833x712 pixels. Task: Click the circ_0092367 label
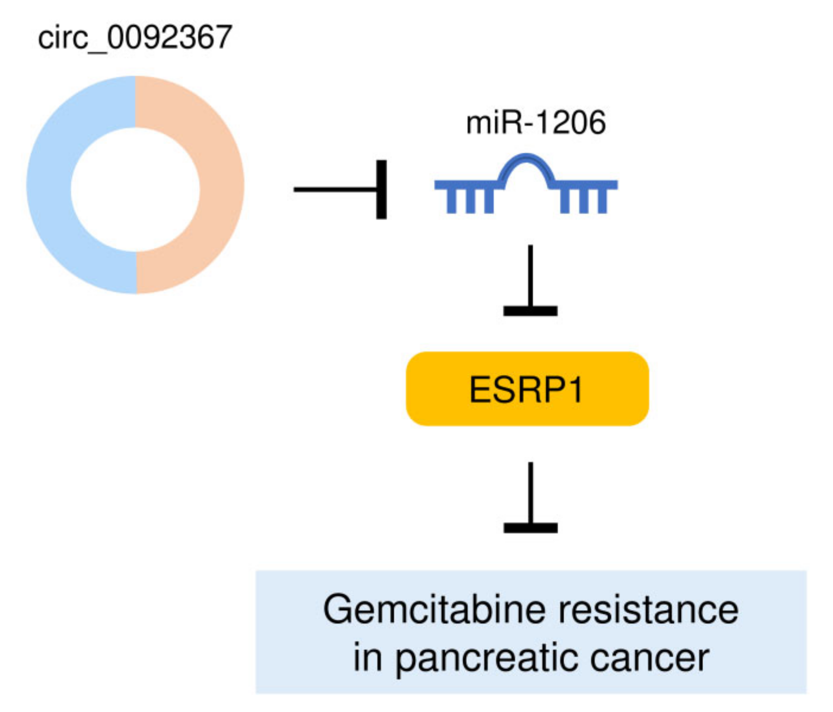135,38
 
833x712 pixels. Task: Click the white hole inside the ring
135,189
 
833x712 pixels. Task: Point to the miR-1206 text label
536,123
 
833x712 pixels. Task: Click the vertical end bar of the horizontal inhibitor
381,189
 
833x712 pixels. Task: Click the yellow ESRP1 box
527,389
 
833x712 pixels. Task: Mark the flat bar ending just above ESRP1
530,311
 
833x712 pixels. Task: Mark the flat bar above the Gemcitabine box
530,528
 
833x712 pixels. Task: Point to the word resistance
648,610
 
